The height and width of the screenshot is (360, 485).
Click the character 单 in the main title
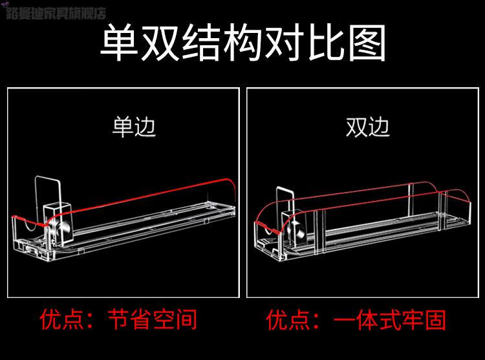(x=120, y=45)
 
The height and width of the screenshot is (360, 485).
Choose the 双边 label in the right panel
(x=367, y=125)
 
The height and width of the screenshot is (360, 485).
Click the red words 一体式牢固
(x=391, y=319)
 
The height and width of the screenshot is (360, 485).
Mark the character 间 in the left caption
(x=186, y=319)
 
